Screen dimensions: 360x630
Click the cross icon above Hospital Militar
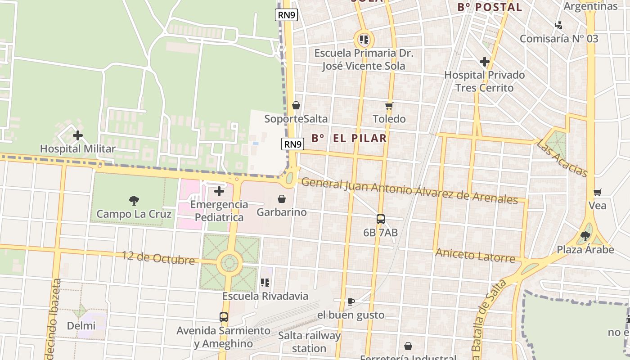[x=78, y=135]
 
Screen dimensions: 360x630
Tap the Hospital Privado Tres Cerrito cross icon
[x=485, y=61]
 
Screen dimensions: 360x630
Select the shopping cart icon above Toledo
[x=389, y=106]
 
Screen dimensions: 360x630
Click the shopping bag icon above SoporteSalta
[x=296, y=106]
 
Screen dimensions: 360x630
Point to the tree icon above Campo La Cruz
[x=134, y=201]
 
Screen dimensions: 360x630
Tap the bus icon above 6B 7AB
[x=381, y=219]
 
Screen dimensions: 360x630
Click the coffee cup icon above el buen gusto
[x=351, y=301]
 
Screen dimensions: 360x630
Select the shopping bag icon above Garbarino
[x=282, y=199]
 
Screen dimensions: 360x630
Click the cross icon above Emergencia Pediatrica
[x=219, y=191]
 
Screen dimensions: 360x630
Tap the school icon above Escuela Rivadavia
[x=265, y=283]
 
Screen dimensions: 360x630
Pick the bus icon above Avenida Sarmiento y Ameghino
[x=224, y=317]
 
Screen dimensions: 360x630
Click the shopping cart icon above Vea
[x=598, y=193]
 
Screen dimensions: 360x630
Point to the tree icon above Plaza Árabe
[x=585, y=236]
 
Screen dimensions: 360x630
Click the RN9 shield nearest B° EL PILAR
[x=293, y=144]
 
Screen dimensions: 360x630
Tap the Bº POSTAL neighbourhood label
[x=490, y=7]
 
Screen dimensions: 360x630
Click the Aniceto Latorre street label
[x=475, y=256]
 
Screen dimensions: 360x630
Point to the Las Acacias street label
[x=562, y=158]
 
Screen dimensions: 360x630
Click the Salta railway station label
[x=309, y=342]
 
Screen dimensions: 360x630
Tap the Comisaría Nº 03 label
[x=559, y=39]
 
